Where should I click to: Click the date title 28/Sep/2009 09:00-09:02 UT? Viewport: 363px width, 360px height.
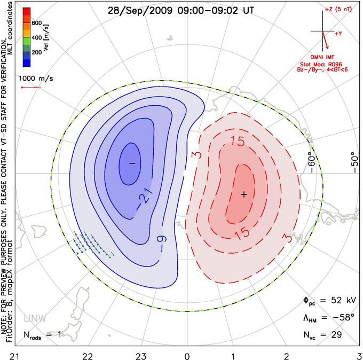(180, 11)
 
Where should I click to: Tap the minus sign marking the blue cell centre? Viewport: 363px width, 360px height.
(132, 163)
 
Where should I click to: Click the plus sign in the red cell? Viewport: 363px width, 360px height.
(244, 194)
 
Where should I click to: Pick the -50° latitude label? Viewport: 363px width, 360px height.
(354, 162)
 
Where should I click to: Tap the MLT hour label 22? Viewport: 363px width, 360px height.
(88, 356)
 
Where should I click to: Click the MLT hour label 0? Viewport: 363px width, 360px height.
(187, 356)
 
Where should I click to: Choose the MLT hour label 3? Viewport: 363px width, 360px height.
(360, 356)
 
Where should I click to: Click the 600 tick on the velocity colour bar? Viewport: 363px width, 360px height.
(37, 23)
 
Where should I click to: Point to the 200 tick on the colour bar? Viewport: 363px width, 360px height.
(37, 52)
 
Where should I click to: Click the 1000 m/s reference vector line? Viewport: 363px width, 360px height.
(31, 88)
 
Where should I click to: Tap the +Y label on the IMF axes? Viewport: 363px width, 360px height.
(338, 34)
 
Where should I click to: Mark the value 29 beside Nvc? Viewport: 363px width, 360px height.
(336, 334)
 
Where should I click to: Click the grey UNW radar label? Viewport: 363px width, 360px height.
(35, 319)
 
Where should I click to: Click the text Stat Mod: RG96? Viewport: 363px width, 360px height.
(321, 64)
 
